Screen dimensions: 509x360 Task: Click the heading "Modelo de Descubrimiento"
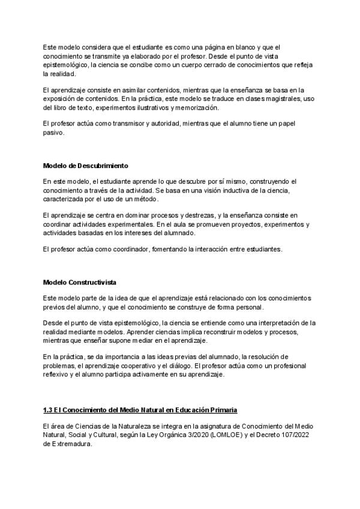[85, 165]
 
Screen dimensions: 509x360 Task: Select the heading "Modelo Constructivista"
[80, 282]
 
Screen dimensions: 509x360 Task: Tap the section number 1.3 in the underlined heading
[49, 410]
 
